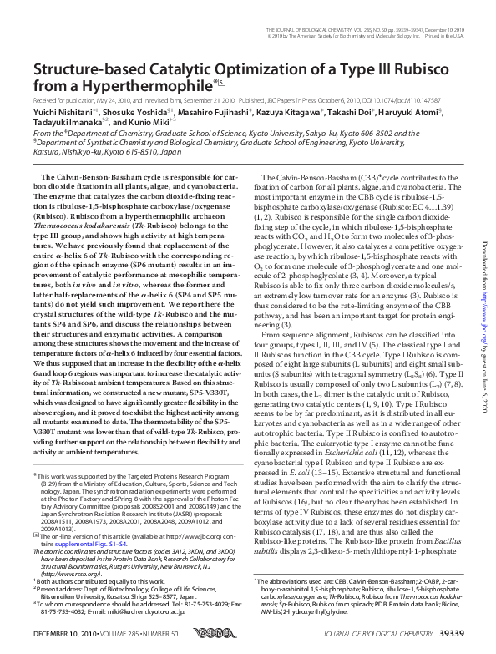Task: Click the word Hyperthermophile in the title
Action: pyautogui.click(x=124, y=84)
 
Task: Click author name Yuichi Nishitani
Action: pyautogui.click(x=53, y=109)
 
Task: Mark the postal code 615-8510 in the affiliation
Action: pyautogui.click(x=136, y=153)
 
